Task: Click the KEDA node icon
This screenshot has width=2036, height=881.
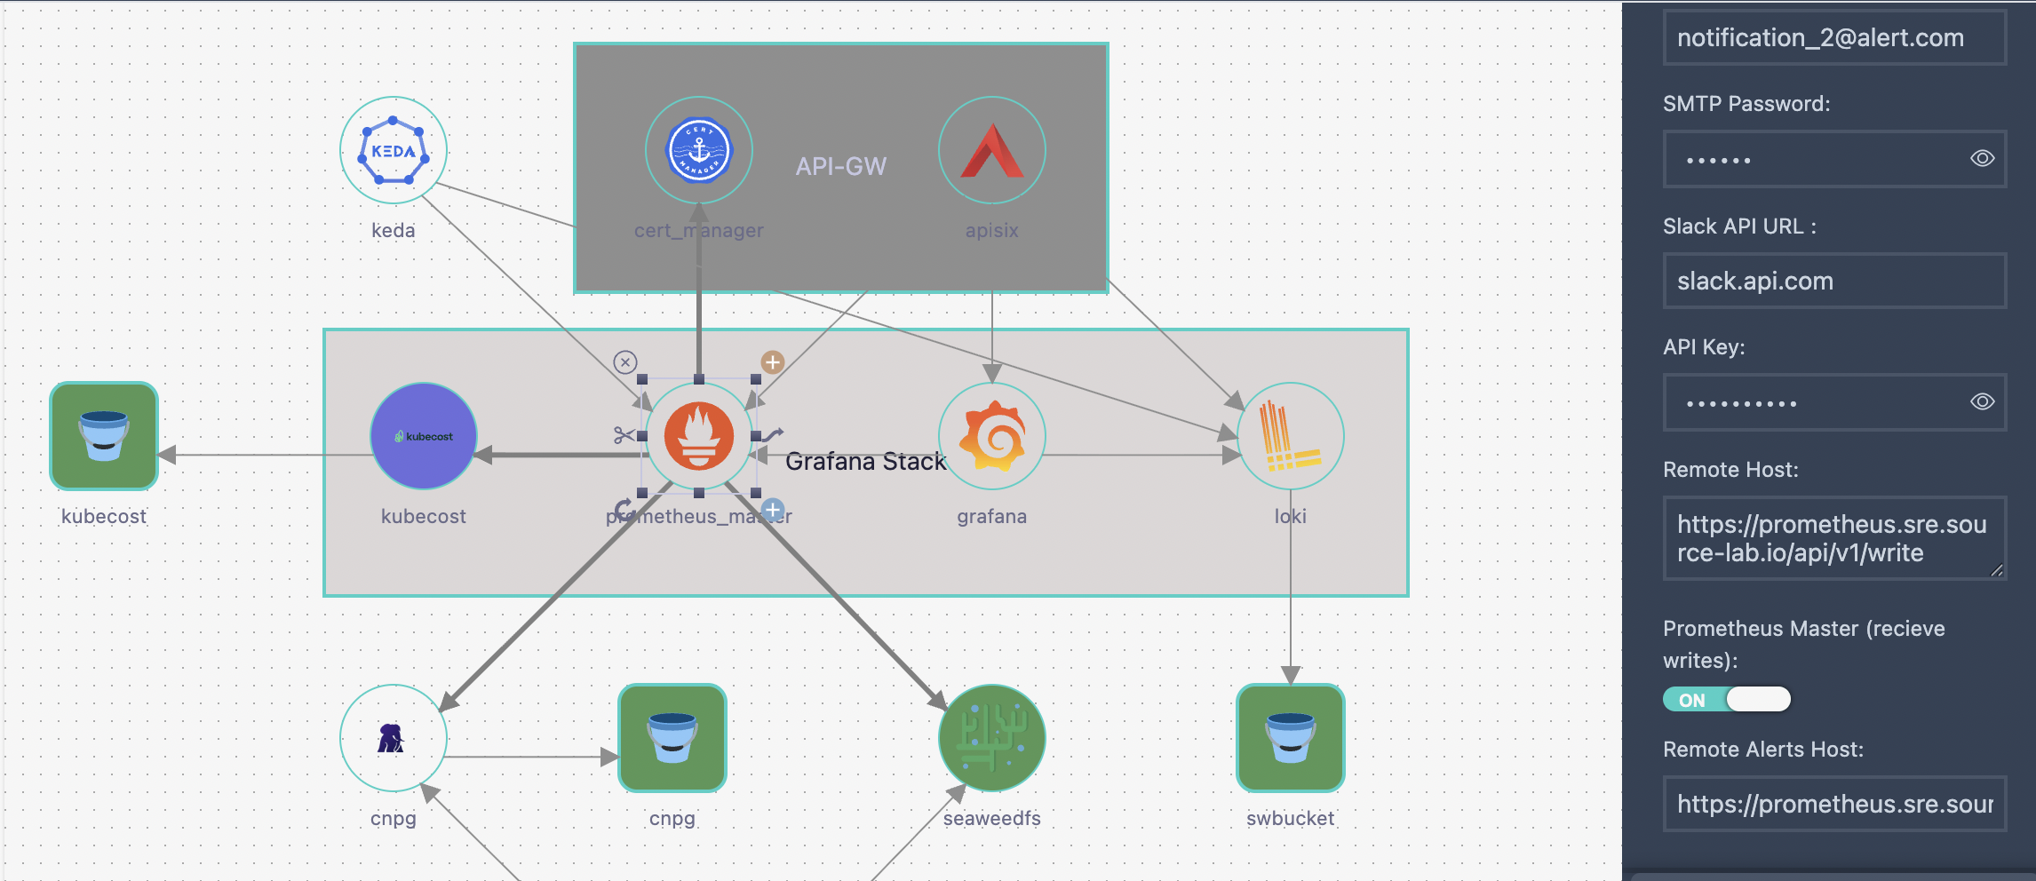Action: pyautogui.click(x=394, y=151)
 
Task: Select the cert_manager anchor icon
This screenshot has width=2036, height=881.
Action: pyautogui.click(x=699, y=150)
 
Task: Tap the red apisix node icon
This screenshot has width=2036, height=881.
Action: pyautogui.click(x=992, y=151)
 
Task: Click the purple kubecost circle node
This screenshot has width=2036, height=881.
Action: pyautogui.click(x=424, y=436)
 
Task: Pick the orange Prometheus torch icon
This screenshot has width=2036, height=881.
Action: pyautogui.click(x=699, y=436)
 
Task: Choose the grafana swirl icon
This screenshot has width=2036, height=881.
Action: pyautogui.click(x=992, y=436)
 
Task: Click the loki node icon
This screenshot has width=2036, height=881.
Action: pyautogui.click(x=1290, y=436)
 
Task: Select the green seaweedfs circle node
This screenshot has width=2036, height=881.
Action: pyautogui.click(x=992, y=738)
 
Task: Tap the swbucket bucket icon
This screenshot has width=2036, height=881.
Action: pyautogui.click(x=1291, y=738)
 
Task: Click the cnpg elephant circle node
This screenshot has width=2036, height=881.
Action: pyautogui.click(x=393, y=738)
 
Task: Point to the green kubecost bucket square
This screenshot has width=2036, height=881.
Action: pyautogui.click(x=104, y=436)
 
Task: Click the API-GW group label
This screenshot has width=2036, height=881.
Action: pyautogui.click(x=840, y=166)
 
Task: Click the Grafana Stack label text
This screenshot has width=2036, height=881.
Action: pyautogui.click(x=865, y=462)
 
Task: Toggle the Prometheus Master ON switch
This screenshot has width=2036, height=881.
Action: pyautogui.click(x=1726, y=700)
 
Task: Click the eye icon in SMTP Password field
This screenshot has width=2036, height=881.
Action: pyautogui.click(x=1983, y=159)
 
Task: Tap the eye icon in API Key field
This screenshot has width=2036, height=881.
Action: pyautogui.click(x=1983, y=402)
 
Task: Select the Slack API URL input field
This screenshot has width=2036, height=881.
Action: pyautogui.click(x=1833, y=282)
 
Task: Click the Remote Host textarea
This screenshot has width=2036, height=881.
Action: pyautogui.click(x=1833, y=538)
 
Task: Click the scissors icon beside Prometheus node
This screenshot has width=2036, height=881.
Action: pyautogui.click(x=624, y=435)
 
